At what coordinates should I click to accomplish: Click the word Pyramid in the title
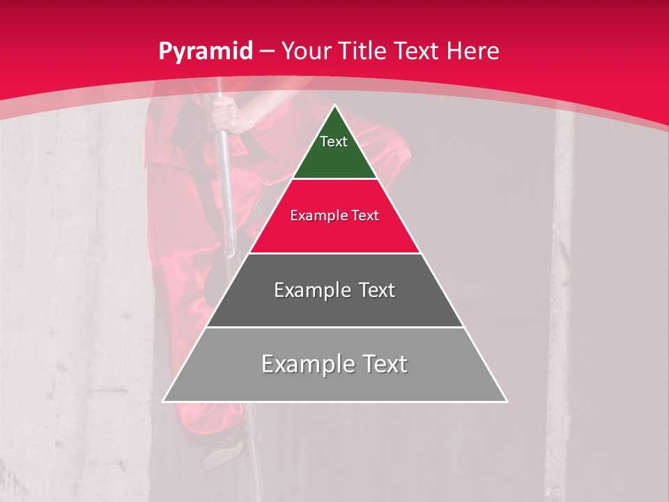point(205,52)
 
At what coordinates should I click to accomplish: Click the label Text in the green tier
point(334,142)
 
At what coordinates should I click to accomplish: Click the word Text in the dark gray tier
point(376,290)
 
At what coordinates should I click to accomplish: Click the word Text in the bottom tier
point(385,364)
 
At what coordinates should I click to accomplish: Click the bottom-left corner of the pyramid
point(163,401)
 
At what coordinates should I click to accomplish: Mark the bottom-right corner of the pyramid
point(507,401)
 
